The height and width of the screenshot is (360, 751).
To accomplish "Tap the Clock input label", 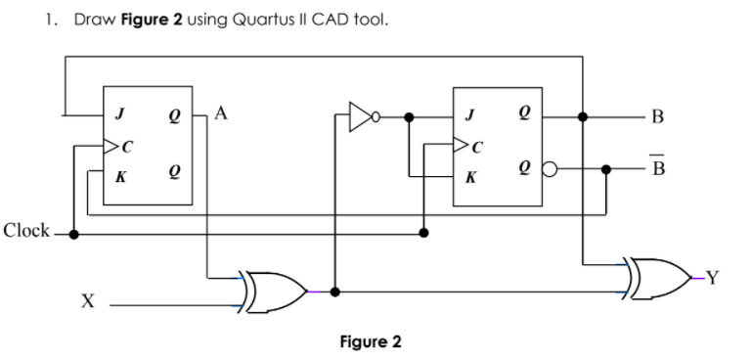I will pyautogui.click(x=26, y=232).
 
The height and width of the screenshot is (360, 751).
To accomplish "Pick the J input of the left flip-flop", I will pyautogui.click(x=119, y=115).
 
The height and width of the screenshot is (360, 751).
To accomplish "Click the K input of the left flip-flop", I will pyautogui.click(x=119, y=178).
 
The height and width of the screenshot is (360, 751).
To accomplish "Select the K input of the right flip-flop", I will pyautogui.click(x=470, y=179).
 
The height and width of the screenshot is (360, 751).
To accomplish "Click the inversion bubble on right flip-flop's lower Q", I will pyautogui.click(x=549, y=167).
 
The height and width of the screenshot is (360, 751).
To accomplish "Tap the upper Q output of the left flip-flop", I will pyautogui.click(x=173, y=115).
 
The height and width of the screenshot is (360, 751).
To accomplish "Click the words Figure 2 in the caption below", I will pyautogui.click(x=370, y=342).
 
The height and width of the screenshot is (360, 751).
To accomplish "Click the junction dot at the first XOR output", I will pyautogui.click(x=335, y=291).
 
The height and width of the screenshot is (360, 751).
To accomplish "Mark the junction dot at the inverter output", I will pyautogui.click(x=409, y=115).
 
